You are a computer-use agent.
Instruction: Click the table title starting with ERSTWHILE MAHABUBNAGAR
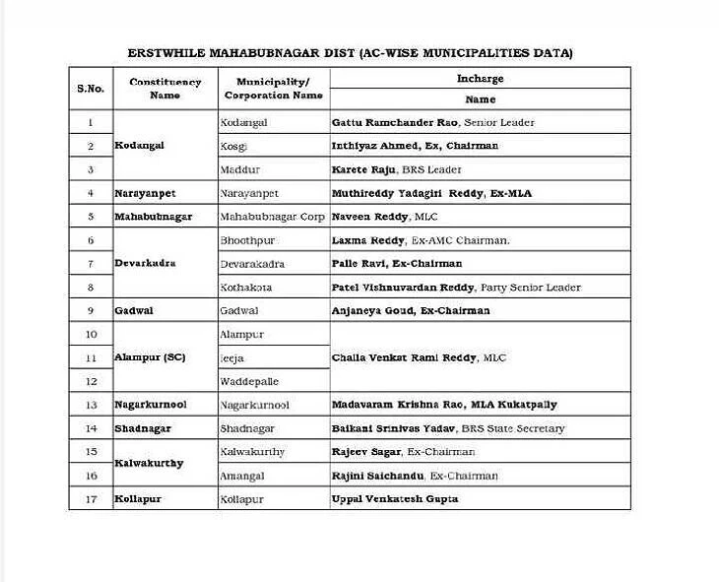[350, 52]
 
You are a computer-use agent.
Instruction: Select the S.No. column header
[90, 89]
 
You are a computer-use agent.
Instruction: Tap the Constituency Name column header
[164, 89]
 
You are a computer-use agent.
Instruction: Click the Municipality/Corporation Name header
[273, 89]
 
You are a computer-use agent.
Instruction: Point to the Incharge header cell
[480, 78]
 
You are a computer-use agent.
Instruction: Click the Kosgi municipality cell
[234, 146]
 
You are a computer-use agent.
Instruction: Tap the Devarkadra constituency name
[145, 263]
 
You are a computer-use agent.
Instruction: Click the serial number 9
[91, 310]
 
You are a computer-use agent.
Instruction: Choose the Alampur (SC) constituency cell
[150, 357]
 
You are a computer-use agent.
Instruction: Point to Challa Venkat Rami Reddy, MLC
[419, 357]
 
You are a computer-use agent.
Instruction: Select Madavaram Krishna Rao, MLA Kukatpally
[444, 405]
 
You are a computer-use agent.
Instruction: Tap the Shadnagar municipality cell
[247, 428]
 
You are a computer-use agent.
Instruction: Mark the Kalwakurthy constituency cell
[149, 463]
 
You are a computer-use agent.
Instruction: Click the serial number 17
[91, 499]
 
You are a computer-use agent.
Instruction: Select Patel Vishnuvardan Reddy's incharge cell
[456, 288]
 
